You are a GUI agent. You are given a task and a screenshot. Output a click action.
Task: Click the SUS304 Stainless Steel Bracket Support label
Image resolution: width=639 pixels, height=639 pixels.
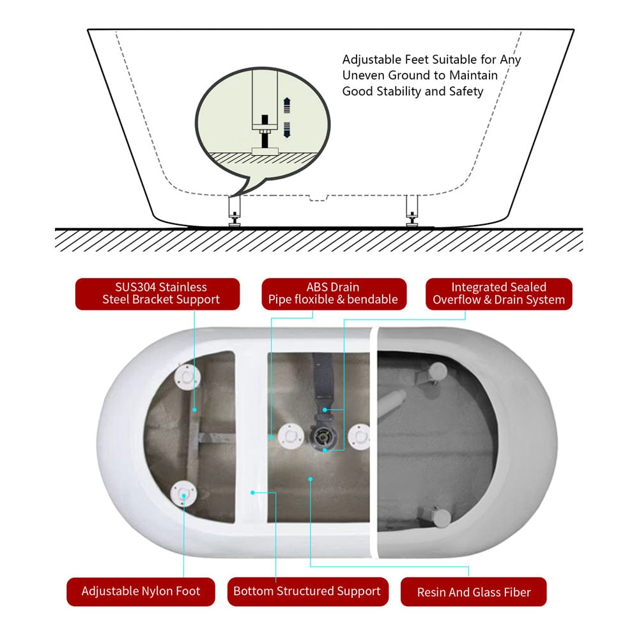[157, 294]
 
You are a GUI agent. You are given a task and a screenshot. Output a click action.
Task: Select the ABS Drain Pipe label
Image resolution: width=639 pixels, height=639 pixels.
[334, 294]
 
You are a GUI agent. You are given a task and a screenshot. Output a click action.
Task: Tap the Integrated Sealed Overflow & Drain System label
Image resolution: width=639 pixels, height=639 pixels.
[499, 294]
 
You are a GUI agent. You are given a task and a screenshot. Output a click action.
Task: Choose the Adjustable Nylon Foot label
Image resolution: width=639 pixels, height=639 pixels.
[141, 591]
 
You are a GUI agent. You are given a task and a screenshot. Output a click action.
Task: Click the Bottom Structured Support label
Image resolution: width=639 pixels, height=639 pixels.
[308, 591]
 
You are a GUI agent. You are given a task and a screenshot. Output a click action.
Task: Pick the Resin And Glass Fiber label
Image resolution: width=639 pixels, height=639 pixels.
[473, 592]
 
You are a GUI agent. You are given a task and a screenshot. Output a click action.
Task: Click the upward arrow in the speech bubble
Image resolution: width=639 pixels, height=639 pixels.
[287, 105]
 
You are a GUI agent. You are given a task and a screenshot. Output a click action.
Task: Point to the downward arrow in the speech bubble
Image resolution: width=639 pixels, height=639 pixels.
[287, 130]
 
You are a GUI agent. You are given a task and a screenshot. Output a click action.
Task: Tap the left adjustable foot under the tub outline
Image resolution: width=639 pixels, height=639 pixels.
[235, 211]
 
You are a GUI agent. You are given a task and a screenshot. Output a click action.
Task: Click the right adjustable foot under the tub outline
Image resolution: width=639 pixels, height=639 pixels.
[412, 211]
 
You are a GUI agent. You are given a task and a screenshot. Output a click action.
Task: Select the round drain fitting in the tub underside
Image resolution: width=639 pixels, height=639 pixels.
[324, 437]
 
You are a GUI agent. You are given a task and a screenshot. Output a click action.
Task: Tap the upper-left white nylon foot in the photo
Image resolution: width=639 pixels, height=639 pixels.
[187, 376]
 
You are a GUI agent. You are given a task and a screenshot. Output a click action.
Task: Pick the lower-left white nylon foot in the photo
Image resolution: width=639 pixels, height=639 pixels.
[183, 493]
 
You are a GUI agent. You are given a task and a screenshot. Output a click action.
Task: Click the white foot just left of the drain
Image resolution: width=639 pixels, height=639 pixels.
[291, 436]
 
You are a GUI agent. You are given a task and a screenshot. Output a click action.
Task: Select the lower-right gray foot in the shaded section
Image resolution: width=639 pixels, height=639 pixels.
[441, 517]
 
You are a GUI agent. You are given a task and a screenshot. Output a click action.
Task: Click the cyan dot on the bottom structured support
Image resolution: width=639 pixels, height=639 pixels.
[252, 493]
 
